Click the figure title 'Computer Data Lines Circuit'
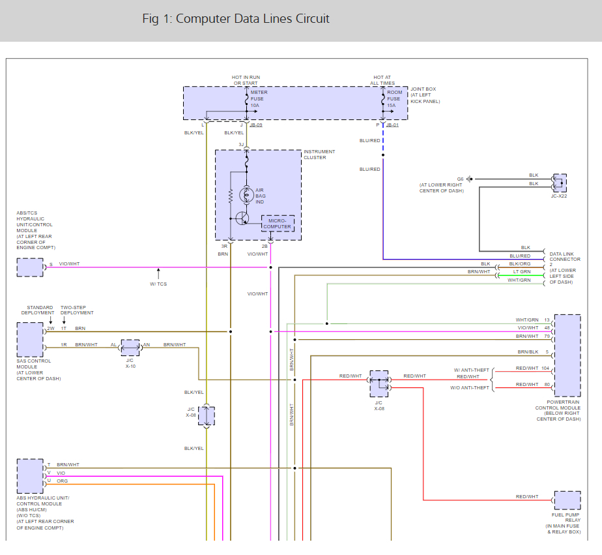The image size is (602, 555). pyautogui.click(x=236, y=19)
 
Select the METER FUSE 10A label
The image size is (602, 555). pyautogui.click(x=259, y=98)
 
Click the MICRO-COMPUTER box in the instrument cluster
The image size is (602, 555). pyautogui.click(x=278, y=224)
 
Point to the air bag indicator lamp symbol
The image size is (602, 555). pyautogui.click(x=247, y=194)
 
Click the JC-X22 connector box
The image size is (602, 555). pyautogui.click(x=559, y=183)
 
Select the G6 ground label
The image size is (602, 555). pyautogui.click(x=460, y=179)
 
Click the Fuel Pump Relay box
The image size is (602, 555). pyautogui.click(x=567, y=500)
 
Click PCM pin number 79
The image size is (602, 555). pyautogui.click(x=546, y=336)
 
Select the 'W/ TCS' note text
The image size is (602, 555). pyautogui.click(x=158, y=284)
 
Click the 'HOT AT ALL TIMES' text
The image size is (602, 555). pyautogui.click(x=383, y=80)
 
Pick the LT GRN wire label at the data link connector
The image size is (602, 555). pyautogui.click(x=521, y=271)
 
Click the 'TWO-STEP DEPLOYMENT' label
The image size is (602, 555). pyautogui.click(x=77, y=310)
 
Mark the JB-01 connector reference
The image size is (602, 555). pyautogui.click(x=392, y=125)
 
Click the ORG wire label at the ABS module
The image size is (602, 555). pyautogui.click(x=63, y=481)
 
